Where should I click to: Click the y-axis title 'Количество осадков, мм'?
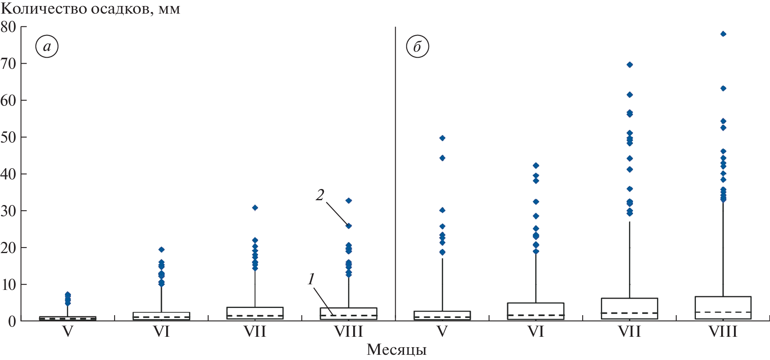tap(90, 9)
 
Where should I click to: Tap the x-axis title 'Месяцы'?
tap(396, 350)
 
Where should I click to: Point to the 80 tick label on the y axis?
tap(8, 27)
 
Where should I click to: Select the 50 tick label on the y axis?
tap(8, 137)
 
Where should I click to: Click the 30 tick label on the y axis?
tap(8, 211)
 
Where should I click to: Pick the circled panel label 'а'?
tap(47, 47)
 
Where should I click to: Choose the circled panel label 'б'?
tap(417, 47)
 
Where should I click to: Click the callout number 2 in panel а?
tap(320, 195)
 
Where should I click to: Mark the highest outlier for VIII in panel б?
tap(723, 34)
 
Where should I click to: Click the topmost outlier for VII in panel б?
tap(629, 65)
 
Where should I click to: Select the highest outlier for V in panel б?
tap(442, 138)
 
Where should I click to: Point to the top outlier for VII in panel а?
tap(255, 208)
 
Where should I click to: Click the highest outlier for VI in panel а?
tap(161, 249)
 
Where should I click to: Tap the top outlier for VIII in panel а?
tap(349, 201)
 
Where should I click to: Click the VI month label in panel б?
tap(536, 332)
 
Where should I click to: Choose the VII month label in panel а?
tap(255, 332)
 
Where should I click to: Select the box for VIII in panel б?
tap(723, 308)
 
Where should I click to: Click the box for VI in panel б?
tap(536, 311)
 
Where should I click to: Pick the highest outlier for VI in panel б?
tap(536, 165)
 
